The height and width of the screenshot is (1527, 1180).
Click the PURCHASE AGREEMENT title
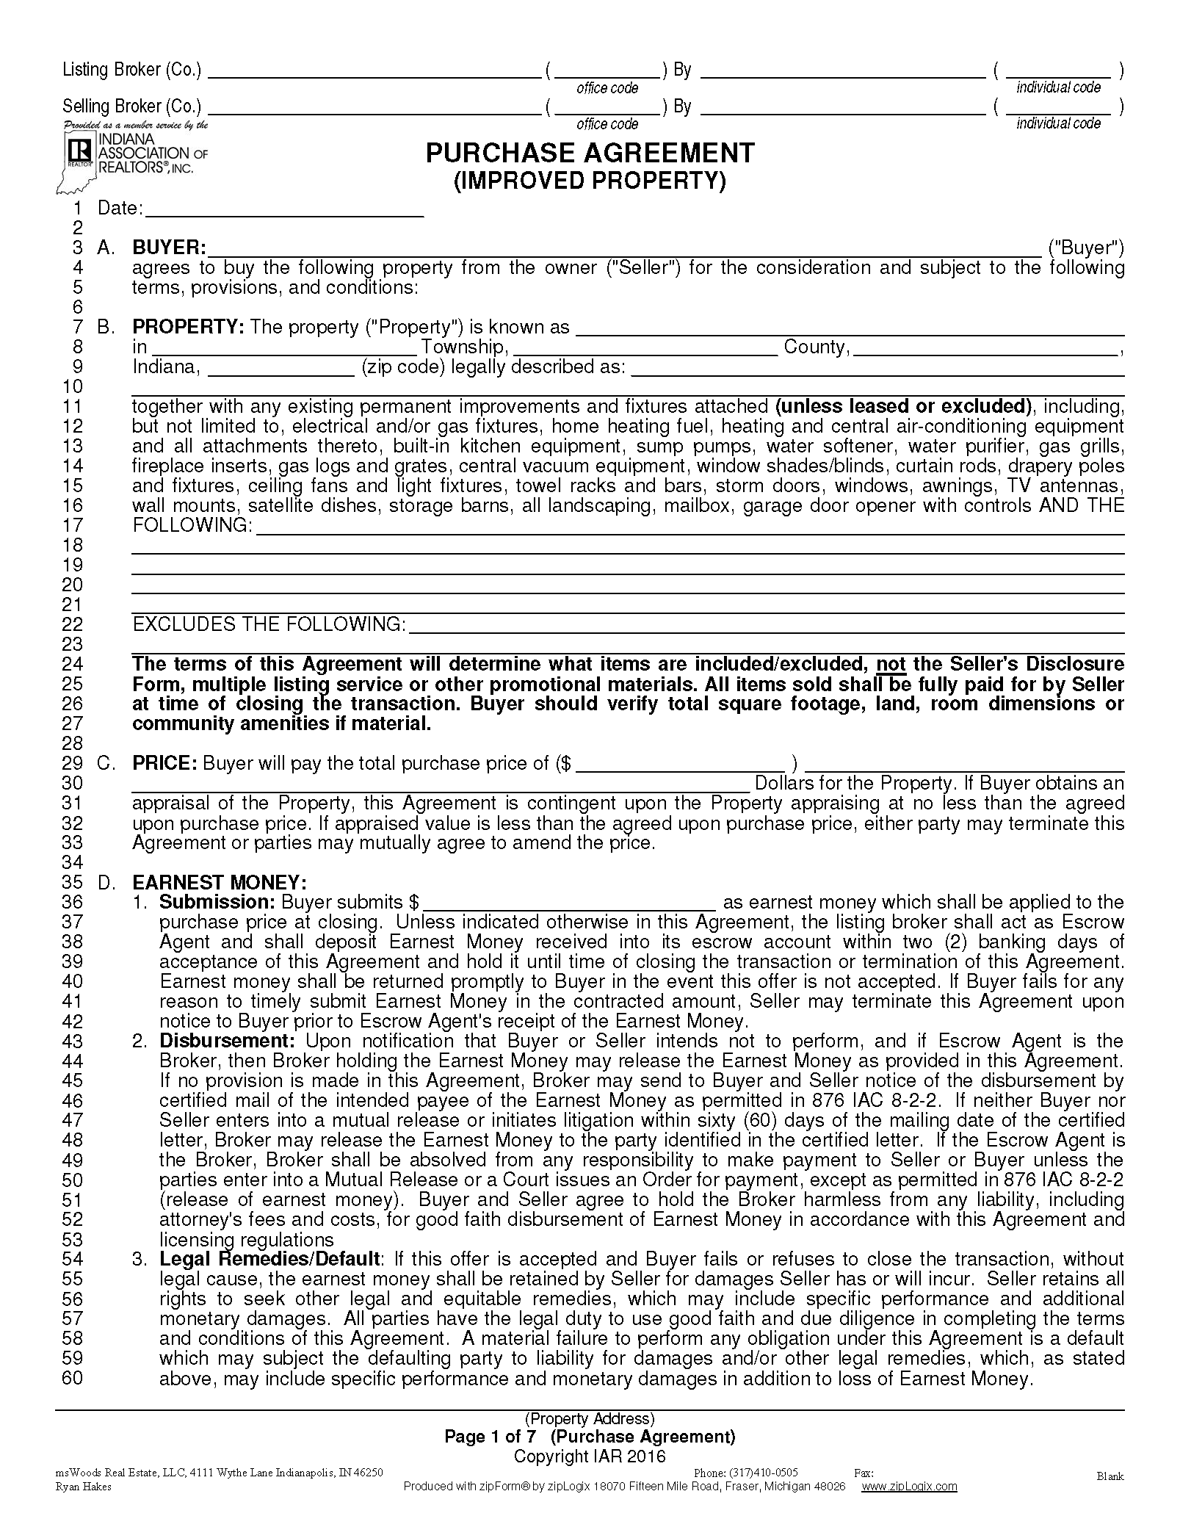point(590,153)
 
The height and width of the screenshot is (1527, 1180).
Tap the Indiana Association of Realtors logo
point(132,154)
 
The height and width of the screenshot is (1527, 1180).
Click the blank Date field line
point(285,210)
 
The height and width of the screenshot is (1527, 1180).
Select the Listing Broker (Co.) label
point(131,70)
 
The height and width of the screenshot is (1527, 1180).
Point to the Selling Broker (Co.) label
point(131,107)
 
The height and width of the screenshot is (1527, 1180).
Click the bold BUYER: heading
point(169,248)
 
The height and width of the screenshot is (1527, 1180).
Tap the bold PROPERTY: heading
point(188,327)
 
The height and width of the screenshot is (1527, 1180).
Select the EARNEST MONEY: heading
point(220,882)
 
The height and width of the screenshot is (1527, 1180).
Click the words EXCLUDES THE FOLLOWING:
point(269,624)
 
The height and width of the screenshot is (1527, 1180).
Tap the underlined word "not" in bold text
point(891,664)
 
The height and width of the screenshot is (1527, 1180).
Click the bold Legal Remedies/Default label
point(269,1259)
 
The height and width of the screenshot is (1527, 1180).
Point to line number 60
point(72,1378)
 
